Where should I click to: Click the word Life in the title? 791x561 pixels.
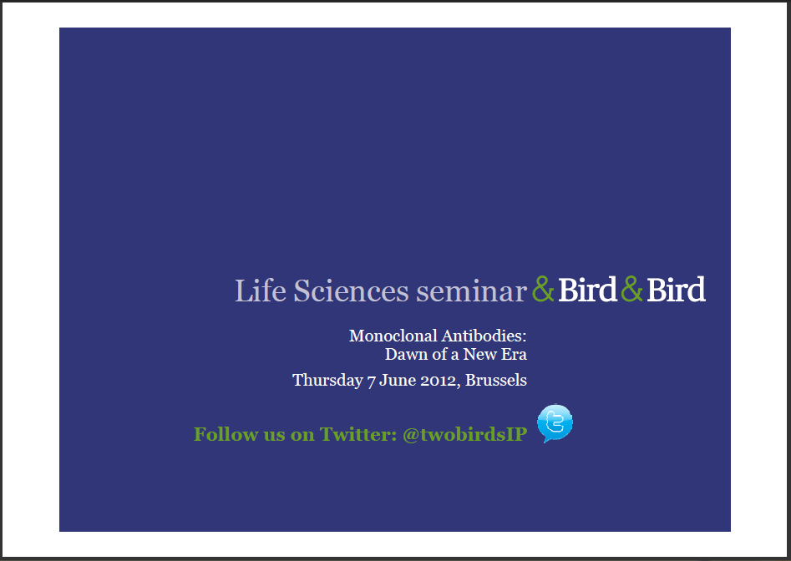[261, 291]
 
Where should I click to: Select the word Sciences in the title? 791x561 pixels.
[351, 291]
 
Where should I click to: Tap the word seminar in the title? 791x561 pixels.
[472, 293]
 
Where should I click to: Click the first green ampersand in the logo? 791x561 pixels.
[543, 289]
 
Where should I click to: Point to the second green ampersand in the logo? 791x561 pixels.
[632, 289]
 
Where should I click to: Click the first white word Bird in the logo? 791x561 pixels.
[588, 290]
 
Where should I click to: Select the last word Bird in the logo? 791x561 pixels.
[676, 290]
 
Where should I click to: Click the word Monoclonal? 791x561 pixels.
[393, 336]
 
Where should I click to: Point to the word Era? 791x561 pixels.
[514, 354]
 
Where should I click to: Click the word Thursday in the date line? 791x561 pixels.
[327, 380]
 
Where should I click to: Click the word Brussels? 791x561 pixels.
[496, 380]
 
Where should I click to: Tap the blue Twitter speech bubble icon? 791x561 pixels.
[555, 423]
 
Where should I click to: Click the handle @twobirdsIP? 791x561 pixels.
[464, 434]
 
